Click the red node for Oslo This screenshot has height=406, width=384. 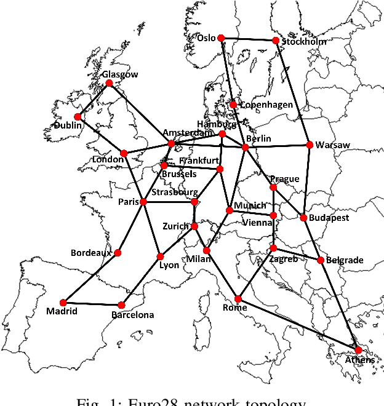tap(221, 38)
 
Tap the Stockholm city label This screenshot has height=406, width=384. tap(304, 42)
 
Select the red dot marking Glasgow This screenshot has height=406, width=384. tap(109, 83)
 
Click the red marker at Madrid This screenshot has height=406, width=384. tap(66, 302)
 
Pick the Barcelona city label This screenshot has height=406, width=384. tap(133, 315)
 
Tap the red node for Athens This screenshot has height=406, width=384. tap(358, 350)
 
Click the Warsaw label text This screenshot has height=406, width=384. tap(332, 145)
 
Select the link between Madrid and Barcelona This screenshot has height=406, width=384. tap(94, 303)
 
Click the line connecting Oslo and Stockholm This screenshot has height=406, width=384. tap(248, 39)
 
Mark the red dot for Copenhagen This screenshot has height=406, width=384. tap(233, 105)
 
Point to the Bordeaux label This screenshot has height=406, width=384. tap(91, 252)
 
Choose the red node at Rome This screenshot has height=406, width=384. tap(238, 299)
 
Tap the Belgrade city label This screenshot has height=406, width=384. tap(345, 260)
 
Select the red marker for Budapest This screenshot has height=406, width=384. tap(303, 218)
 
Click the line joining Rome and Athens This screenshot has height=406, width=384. tap(298, 325)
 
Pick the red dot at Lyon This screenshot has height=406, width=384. tap(160, 257)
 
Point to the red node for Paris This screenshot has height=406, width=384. tap(143, 202)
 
